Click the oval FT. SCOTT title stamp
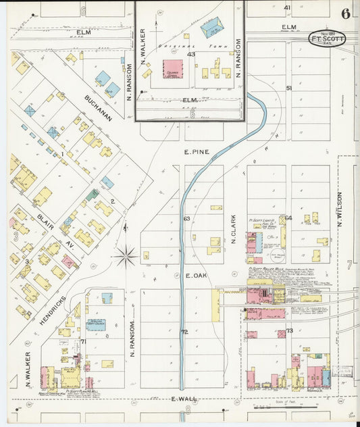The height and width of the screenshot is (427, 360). (328, 39)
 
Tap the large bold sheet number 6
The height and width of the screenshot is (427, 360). (346, 13)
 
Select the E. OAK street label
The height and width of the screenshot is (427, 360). (195, 276)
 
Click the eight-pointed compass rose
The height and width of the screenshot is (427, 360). (126, 256)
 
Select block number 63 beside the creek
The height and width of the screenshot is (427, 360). (186, 218)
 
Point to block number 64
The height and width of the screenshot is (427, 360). (288, 218)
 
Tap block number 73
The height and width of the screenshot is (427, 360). (289, 331)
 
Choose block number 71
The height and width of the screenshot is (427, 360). (83, 342)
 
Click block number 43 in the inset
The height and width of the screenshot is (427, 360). (191, 54)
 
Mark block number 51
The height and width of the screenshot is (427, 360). (288, 89)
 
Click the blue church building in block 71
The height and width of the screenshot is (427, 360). (96, 325)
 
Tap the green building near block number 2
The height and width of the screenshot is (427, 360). (93, 195)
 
